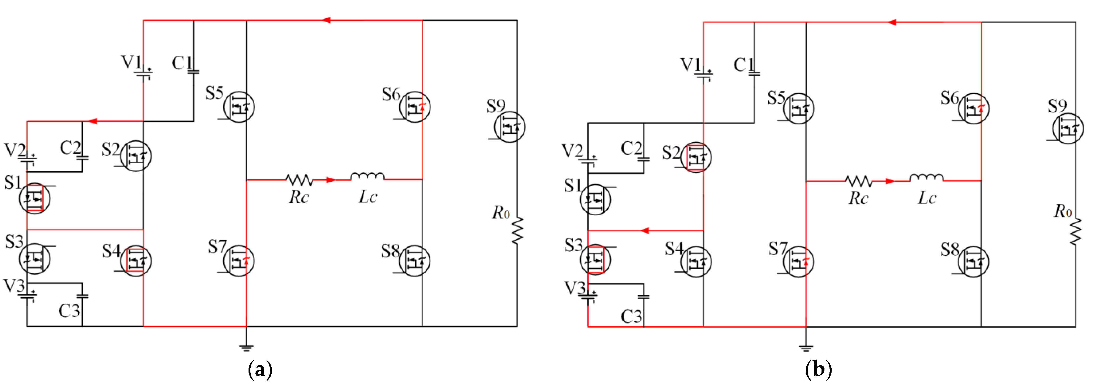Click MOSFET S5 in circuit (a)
pos(239,107)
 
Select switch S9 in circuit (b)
pos(1067,129)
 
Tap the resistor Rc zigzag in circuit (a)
pos(300,180)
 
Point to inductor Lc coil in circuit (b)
pos(927,177)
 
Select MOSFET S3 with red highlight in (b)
pos(595,259)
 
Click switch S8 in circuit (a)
pos(414,261)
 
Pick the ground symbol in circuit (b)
pos(806,348)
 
